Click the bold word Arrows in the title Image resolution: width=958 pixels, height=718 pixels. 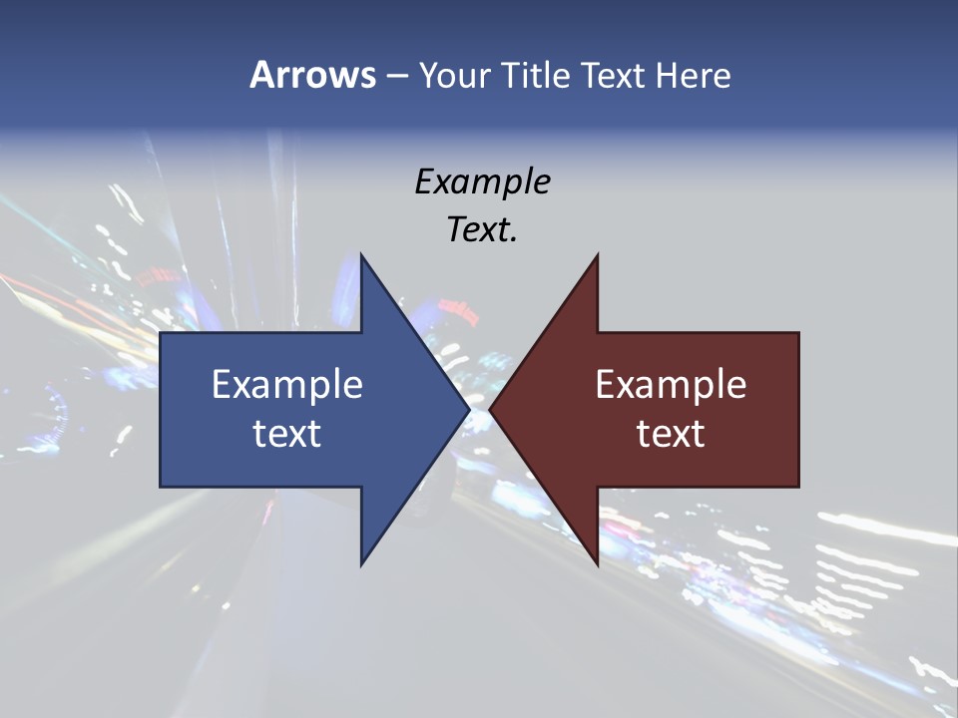click(312, 75)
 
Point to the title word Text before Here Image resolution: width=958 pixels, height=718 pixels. click(615, 75)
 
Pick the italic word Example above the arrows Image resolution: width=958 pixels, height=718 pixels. click(482, 181)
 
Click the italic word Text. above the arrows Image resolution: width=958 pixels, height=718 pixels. click(482, 229)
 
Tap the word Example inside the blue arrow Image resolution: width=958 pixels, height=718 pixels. click(287, 384)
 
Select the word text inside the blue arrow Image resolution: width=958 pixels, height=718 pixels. click(287, 433)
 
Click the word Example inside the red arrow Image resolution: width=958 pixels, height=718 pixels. click(671, 384)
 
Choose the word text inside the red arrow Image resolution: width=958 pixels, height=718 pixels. click(671, 433)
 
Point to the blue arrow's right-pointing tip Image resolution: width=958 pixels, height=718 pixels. click(469, 409)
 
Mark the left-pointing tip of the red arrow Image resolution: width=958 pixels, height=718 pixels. click(490, 409)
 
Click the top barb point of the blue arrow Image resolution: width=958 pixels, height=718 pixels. click(361, 254)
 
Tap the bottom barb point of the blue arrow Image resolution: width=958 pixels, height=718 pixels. click(361, 564)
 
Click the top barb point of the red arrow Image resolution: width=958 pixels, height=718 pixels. click(597, 254)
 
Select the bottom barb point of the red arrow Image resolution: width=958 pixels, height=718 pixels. click(597, 564)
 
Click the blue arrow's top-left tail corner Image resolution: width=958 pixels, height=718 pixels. click(161, 333)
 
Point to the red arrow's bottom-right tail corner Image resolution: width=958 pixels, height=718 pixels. click(798, 487)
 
